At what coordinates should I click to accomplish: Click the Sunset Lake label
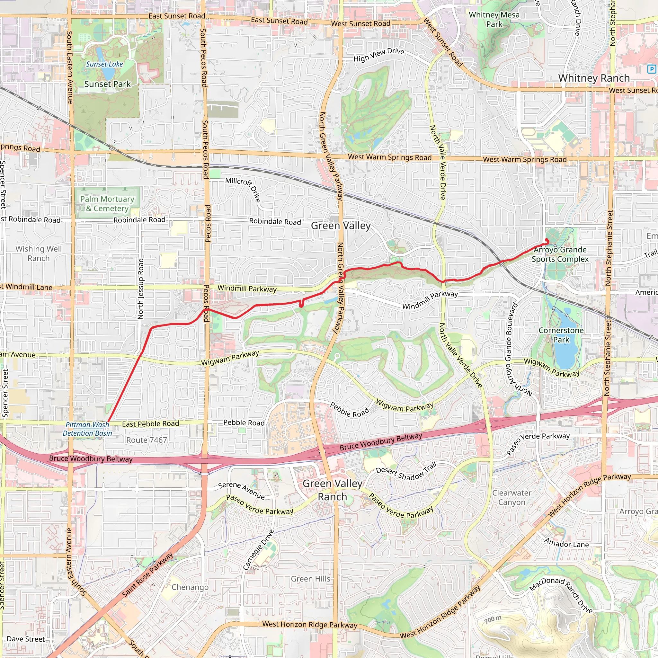tap(104, 64)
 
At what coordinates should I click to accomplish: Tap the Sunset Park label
tap(107, 84)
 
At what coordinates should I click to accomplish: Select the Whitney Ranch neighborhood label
tap(594, 78)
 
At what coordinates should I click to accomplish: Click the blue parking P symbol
tap(651, 69)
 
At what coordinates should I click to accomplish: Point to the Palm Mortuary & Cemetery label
tap(107, 204)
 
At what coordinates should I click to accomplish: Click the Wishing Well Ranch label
tap(39, 253)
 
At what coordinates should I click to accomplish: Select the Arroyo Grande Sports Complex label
tap(560, 254)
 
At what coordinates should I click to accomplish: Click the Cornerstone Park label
tap(561, 335)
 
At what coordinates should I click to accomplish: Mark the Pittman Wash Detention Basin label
tap(87, 429)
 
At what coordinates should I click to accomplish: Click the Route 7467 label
tap(147, 440)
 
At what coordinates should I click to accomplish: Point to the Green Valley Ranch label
tap(332, 490)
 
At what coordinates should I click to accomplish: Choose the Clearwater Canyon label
tap(511, 498)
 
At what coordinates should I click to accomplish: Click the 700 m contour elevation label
tap(493, 619)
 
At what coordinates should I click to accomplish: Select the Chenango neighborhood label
tap(190, 587)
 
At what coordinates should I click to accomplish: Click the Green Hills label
tap(310, 579)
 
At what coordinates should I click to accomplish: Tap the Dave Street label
tap(26, 639)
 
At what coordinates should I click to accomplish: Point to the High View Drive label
tap(379, 55)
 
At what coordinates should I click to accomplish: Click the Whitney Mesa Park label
tap(494, 19)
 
